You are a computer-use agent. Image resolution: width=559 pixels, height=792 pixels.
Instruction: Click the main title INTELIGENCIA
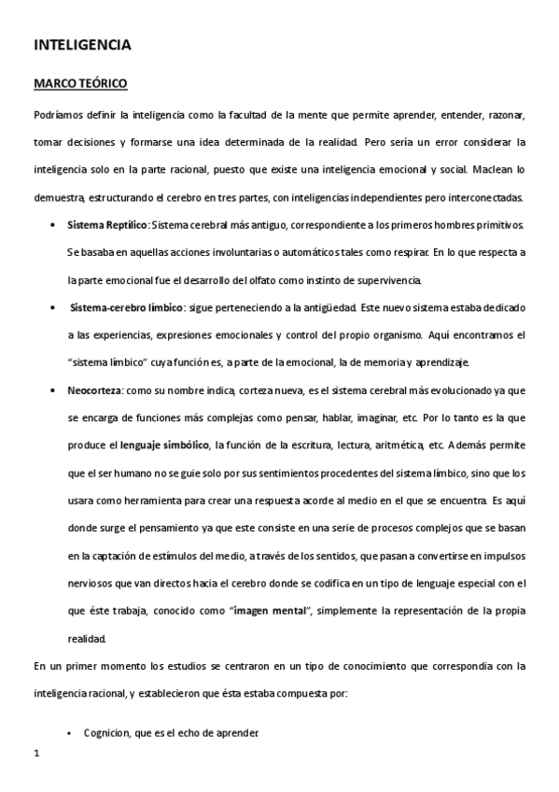pos(82,44)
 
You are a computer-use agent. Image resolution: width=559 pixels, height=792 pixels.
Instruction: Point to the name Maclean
pos(499,170)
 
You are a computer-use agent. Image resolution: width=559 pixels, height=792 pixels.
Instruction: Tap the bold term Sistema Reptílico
pos(107,225)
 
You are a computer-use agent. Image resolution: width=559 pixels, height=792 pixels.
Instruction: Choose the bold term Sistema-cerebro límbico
pos(128,307)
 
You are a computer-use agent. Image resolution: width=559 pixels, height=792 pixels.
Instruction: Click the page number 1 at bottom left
pos(35,753)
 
